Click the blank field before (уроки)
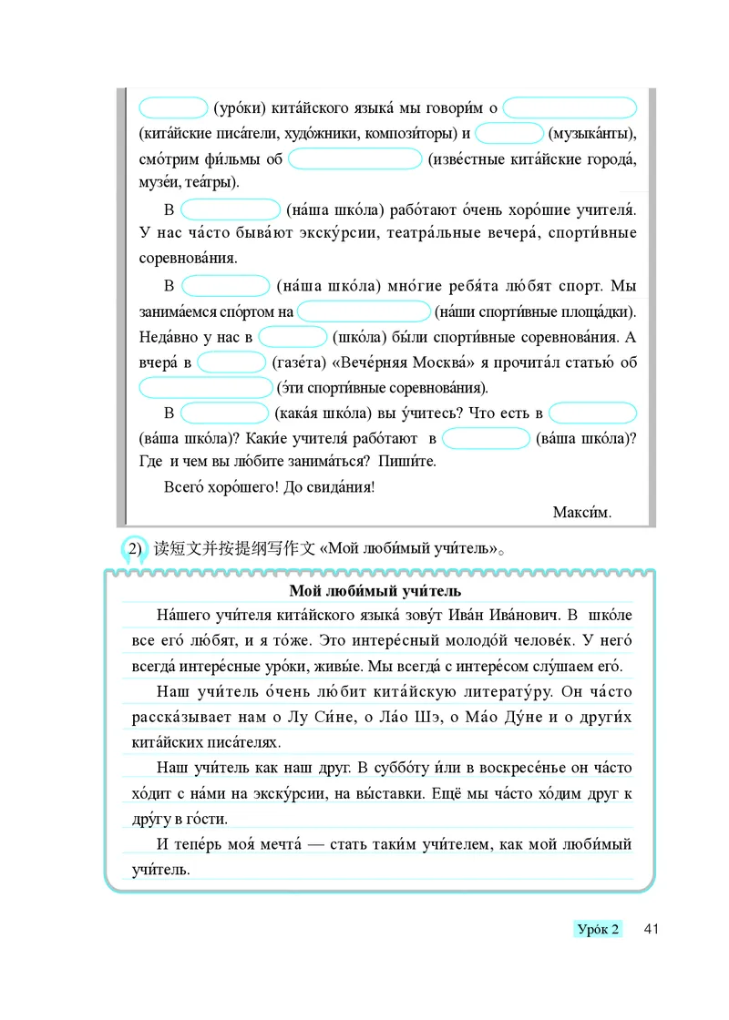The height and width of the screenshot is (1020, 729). [174, 107]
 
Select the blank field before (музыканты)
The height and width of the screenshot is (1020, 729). [509, 133]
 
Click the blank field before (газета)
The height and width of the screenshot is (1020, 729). [231, 362]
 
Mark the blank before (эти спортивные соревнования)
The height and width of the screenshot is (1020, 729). [205, 388]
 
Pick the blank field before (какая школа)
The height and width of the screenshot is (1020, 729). [223, 413]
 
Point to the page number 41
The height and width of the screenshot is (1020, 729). [651, 929]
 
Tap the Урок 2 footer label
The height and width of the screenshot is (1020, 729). [599, 929]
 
